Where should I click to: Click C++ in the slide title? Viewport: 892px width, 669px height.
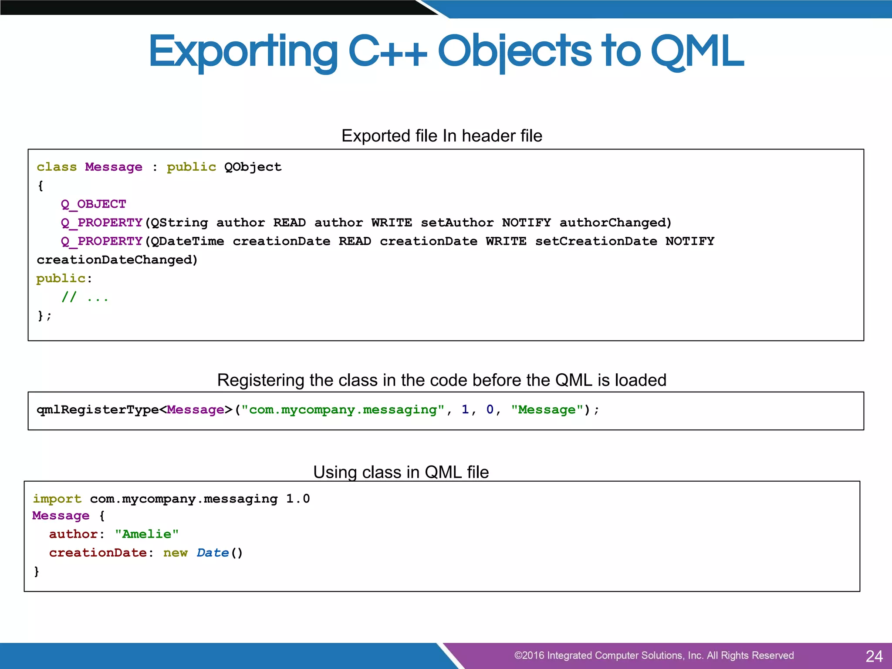click(388, 52)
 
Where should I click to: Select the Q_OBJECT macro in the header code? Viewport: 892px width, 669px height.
click(93, 204)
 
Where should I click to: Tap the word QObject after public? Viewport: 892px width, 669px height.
click(253, 167)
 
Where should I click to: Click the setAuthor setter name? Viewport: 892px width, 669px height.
click(457, 223)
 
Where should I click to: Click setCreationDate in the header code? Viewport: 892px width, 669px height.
click(596, 241)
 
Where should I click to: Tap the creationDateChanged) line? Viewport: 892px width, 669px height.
click(117, 260)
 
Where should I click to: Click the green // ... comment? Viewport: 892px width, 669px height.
click(84, 297)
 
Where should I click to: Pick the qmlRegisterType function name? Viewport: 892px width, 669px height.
click(98, 410)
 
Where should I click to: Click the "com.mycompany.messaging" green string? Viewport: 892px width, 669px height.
click(343, 410)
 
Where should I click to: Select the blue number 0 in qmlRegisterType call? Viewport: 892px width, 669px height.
click(490, 409)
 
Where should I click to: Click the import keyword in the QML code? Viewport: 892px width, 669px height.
click(57, 499)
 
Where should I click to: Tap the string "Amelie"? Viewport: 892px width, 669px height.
click(147, 534)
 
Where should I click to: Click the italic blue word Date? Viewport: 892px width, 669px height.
click(213, 553)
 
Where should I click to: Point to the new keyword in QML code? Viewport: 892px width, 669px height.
click(175, 553)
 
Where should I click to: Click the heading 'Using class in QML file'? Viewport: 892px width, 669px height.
click(401, 472)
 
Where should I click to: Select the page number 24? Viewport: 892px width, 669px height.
click(874, 656)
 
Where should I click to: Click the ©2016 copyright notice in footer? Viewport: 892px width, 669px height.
click(653, 655)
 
